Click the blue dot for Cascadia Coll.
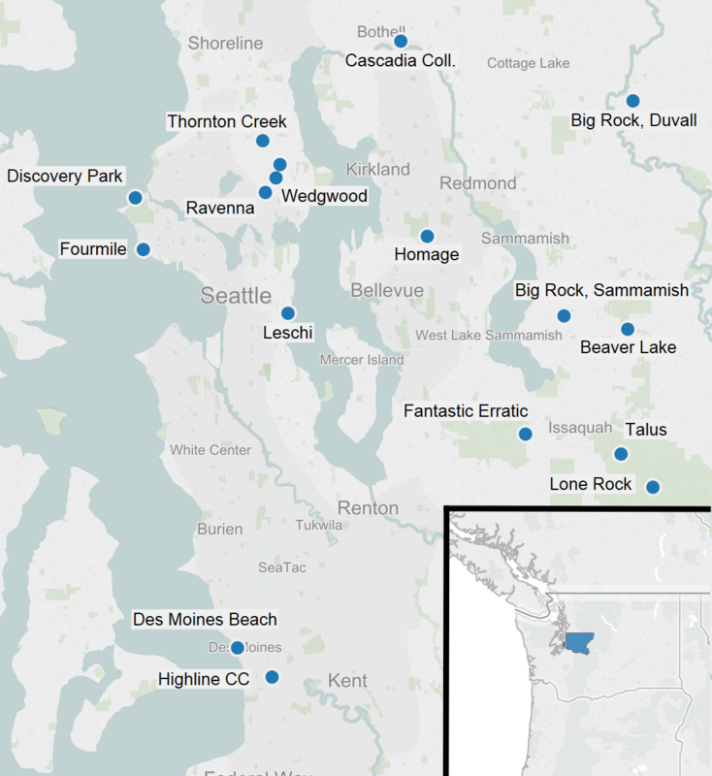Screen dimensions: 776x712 click(400, 41)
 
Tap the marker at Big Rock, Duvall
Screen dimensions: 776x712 click(632, 100)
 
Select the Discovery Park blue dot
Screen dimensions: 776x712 click(135, 197)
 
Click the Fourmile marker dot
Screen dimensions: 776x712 click(144, 249)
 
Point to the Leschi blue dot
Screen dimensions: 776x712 click(288, 312)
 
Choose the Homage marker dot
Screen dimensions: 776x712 click(427, 236)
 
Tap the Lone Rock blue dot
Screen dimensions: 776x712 click(653, 487)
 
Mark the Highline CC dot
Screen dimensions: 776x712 click(273, 677)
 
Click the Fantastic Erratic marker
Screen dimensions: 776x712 click(525, 434)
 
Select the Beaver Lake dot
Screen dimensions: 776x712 click(628, 329)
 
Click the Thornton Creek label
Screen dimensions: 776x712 click(227, 121)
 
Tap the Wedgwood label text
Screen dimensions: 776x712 click(324, 196)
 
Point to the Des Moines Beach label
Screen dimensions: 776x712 click(205, 619)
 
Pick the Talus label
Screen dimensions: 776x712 click(646, 430)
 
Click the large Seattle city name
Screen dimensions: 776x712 click(236, 295)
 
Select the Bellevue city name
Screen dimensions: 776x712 click(387, 291)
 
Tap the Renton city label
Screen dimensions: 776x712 click(368, 508)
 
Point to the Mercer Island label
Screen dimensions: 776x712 click(362, 360)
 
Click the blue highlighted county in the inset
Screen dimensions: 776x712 click(580, 642)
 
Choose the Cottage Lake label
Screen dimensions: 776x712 click(528, 63)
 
